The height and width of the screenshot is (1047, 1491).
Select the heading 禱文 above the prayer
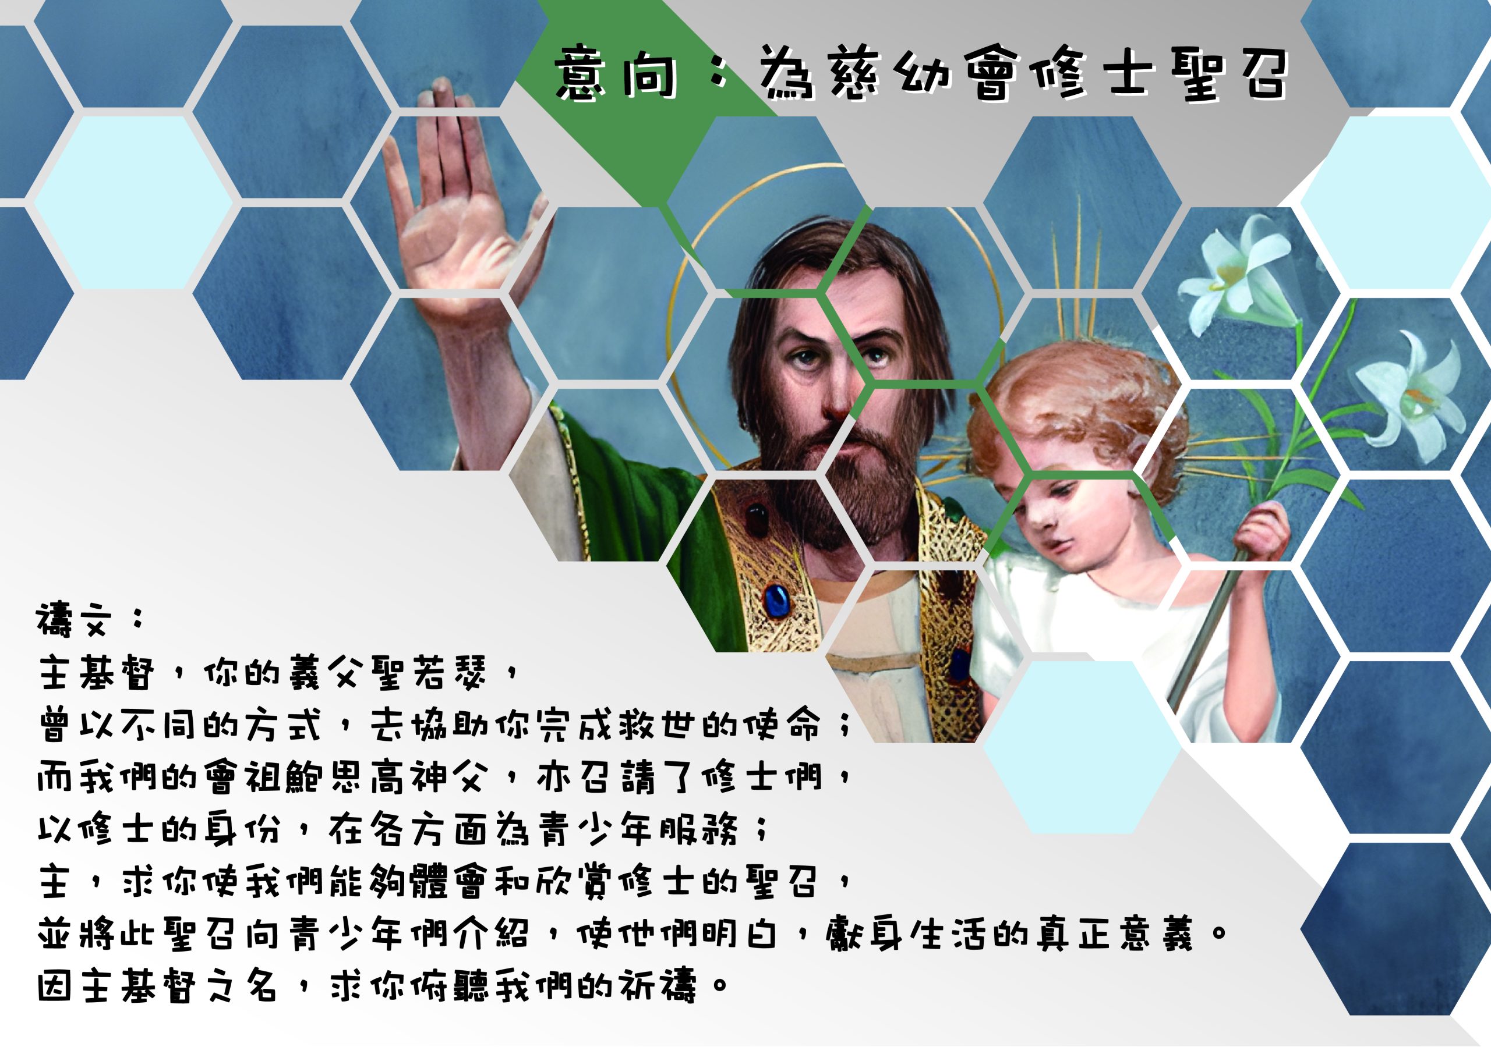point(72,620)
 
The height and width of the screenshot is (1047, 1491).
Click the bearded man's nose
point(838,389)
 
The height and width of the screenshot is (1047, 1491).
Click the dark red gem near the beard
point(757,519)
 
